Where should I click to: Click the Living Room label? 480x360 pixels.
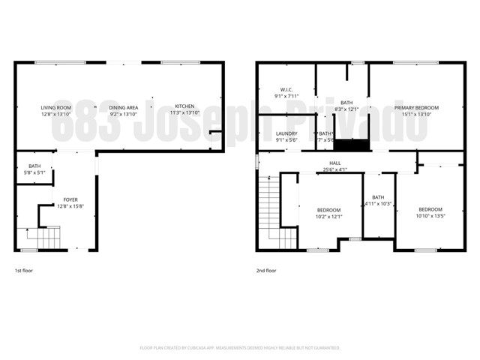(x=55, y=107)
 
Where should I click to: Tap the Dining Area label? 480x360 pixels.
(x=124, y=107)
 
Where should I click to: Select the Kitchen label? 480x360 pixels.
(x=184, y=107)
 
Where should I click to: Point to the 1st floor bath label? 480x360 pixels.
(x=34, y=166)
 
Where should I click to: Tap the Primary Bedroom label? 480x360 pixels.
(x=416, y=107)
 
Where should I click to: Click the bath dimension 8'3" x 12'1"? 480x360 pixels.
(x=346, y=109)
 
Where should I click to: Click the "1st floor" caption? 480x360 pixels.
(x=24, y=270)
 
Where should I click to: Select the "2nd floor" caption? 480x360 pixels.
(x=266, y=270)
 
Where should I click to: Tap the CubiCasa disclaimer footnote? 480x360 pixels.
(x=240, y=348)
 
